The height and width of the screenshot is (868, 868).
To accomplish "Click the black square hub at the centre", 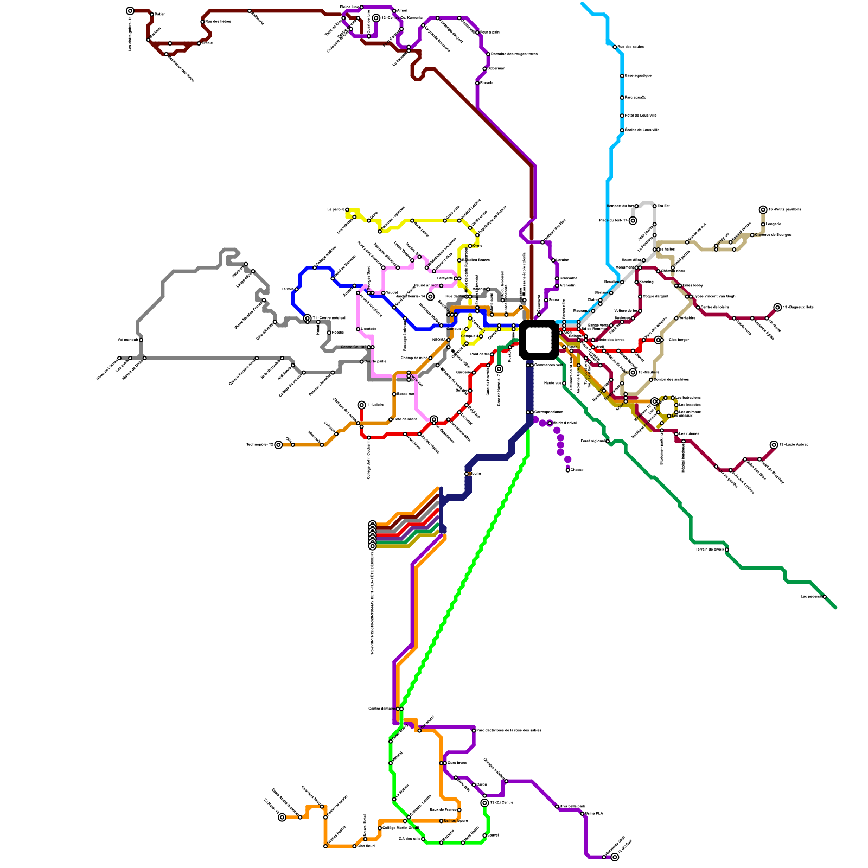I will pos(538,340).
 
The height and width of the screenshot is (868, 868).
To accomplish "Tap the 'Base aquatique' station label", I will pos(638,76).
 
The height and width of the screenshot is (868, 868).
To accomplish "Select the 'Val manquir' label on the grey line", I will pos(128,340).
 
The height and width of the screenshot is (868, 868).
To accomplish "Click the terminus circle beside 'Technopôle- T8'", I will pos(278,445).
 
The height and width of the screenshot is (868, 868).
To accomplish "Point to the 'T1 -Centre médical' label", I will pos(329,318).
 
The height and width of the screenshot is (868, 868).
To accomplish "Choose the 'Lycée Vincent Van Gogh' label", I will pos(714,297).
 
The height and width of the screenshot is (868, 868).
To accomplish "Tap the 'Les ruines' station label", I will pos(689,434).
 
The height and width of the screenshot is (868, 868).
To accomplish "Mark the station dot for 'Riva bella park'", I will pos(557,807).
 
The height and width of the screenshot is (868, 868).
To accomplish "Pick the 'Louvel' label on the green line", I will pos(493,835).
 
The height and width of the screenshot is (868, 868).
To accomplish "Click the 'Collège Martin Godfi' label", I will pos(400,828).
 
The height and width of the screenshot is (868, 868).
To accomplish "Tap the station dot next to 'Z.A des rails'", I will pos(423,839).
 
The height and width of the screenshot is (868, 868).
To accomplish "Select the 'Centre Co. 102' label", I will pos(354,347).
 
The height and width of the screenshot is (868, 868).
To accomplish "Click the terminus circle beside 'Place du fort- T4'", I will pos(633,221).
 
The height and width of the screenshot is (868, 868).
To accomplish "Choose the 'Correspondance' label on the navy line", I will pos(548,412).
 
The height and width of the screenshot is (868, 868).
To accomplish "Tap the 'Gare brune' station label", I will pos(457,763).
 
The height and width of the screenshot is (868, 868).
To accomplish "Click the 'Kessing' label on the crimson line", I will pos(646,282).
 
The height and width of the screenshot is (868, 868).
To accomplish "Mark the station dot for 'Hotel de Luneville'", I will pos(622,116).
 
